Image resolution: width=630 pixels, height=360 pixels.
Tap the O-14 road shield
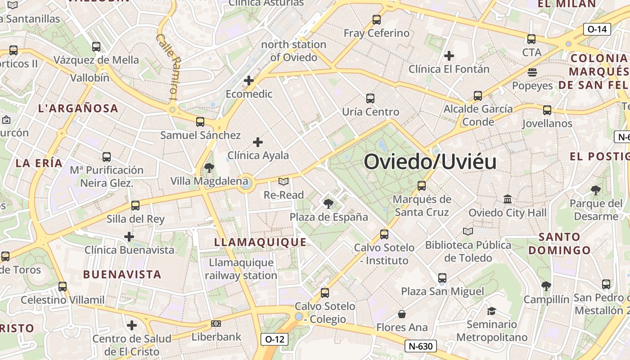click(x=597, y=29)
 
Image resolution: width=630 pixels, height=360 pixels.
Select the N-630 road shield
click(x=421, y=346)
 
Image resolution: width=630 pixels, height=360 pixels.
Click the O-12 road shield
click(x=274, y=339)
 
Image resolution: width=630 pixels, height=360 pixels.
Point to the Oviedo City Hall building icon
click(x=508, y=199)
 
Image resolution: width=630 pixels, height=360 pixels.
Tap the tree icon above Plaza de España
click(x=328, y=203)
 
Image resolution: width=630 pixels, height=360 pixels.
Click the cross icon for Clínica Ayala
click(x=258, y=142)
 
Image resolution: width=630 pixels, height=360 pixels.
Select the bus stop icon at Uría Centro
click(x=370, y=98)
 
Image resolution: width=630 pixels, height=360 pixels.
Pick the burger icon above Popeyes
click(x=532, y=72)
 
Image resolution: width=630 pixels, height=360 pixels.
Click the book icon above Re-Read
click(x=283, y=181)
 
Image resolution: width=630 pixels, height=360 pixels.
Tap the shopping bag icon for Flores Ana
click(x=402, y=314)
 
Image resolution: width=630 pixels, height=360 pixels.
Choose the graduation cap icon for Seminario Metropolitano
click(x=491, y=311)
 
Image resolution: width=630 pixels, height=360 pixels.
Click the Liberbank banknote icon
click(x=216, y=324)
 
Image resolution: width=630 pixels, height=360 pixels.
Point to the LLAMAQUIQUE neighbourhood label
click(x=260, y=242)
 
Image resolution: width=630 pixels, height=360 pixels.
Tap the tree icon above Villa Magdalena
click(x=209, y=168)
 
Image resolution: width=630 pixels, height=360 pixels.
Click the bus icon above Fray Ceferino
click(x=377, y=20)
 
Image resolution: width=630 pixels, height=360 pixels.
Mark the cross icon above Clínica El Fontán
click(x=449, y=56)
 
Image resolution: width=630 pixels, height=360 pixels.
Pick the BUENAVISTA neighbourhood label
click(x=122, y=274)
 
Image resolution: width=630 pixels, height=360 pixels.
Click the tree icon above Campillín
click(x=546, y=286)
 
